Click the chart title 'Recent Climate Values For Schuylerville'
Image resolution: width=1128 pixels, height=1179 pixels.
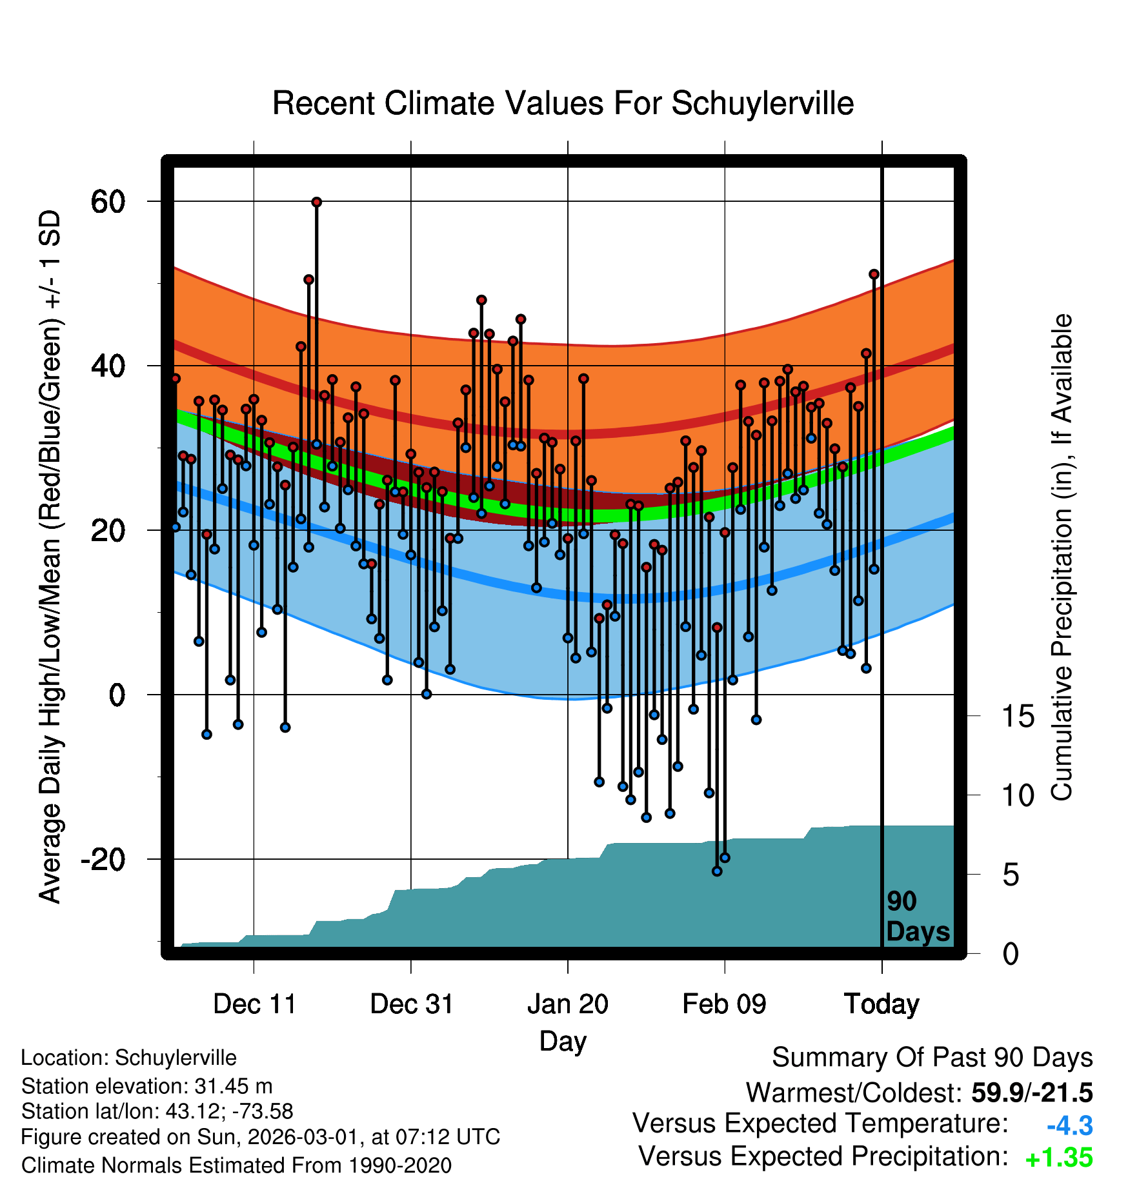click(563, 104)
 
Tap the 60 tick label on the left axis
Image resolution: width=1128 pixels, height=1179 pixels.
click(108, 202)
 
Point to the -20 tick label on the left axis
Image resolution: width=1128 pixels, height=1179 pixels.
click(103, 860)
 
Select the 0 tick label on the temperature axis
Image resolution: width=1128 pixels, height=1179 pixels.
click(117, 695)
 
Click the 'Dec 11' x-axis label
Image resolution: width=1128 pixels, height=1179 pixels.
click(254, 1004)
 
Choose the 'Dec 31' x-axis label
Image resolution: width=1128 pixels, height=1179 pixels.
click(412, 1004)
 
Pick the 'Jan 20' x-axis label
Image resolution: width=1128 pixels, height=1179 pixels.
click(568, 1004)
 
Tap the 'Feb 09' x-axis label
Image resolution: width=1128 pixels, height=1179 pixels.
click(724, 1004)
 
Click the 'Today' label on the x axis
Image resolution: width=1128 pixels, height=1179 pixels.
click(881, 1004)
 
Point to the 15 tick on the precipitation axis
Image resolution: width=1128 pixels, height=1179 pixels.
click(1018, 717)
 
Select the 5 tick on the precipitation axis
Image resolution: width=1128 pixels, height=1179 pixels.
click(1011, 875)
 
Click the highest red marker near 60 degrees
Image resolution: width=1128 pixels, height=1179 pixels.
click(316, 202)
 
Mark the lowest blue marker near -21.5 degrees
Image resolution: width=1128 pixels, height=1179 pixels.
click(717, 871)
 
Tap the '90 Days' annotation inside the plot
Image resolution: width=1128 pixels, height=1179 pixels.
click(917, 916)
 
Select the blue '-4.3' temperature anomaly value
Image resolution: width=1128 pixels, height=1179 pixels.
click(1069, 1126)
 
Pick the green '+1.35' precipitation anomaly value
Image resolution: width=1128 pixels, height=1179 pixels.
click(1058, 1158)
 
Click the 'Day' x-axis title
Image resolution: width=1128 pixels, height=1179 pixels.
click(563, 1041)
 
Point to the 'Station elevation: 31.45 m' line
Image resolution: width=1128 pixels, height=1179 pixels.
click(147, 1086)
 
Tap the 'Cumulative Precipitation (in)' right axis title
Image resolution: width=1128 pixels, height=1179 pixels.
click(1062, 558)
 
